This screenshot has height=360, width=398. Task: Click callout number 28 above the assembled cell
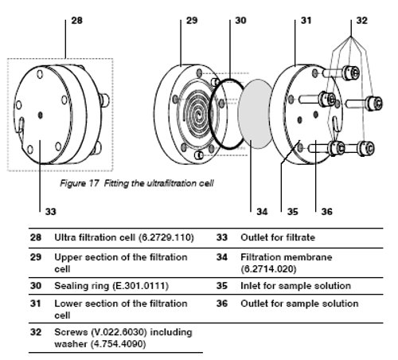click(77, 21)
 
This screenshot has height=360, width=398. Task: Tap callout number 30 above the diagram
click(240, 21)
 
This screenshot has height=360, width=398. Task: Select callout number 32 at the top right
click(361, 21)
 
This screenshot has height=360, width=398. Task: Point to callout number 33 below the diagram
click(51, 212)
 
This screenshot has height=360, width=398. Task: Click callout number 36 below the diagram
click(326, 212)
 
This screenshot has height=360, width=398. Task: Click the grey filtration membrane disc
click(256, 114)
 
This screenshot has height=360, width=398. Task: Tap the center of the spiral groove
click(199, 115)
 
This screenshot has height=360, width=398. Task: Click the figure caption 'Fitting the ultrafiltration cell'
click(158, 183)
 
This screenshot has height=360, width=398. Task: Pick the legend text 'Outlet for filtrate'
click(278, 237)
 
